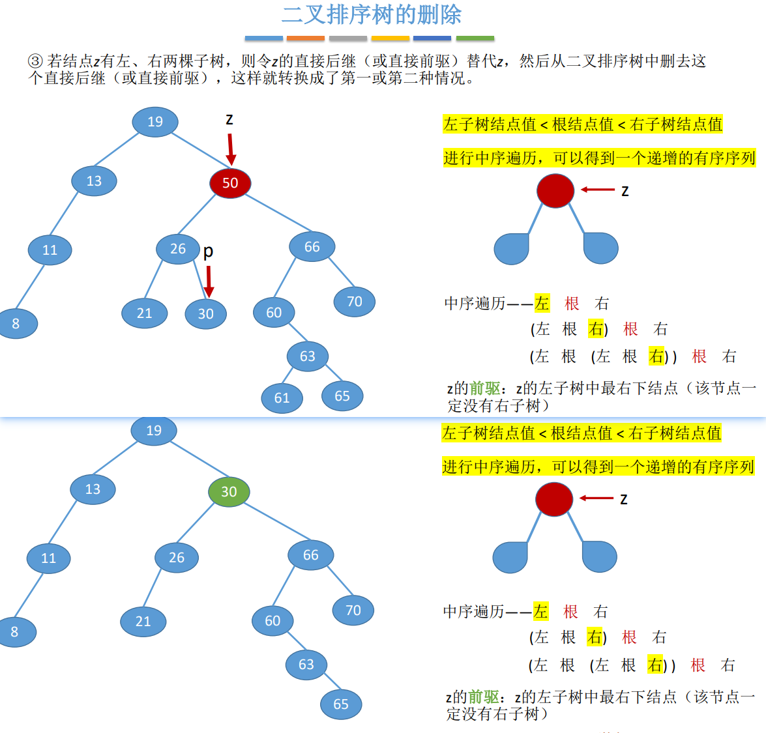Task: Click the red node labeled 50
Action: click(x=230, y=183)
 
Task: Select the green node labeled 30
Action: click(x=229, y=492)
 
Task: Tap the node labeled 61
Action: click(x=282, y=397)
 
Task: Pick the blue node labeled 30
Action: click(x=206, y=314)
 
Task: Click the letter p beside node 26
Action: click(x=208, y=251)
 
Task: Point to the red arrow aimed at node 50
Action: click(x=230, y=149)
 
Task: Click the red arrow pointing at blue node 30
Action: click(x=209, y=281)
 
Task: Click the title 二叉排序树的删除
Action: click(x=372, y=14)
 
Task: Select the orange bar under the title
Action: click(x=305, y=38)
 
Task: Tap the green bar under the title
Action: click(x=475, y=38)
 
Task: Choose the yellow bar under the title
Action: click(x=390, y=38)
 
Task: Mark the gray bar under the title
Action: click(x=347, y=38)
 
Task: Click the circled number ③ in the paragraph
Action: click(x=35, y=62)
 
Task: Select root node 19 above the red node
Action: click(x=155, y=122)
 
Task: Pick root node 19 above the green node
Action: click(x=154, y=431)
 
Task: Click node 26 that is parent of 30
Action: click(x=178, y=249)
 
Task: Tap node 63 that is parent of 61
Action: click(x=307, y=356)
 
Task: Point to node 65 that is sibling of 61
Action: click(x=342, y=396)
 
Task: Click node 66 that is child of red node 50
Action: click(x=312, y=247)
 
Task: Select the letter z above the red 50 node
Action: click(x=229, y=119)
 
